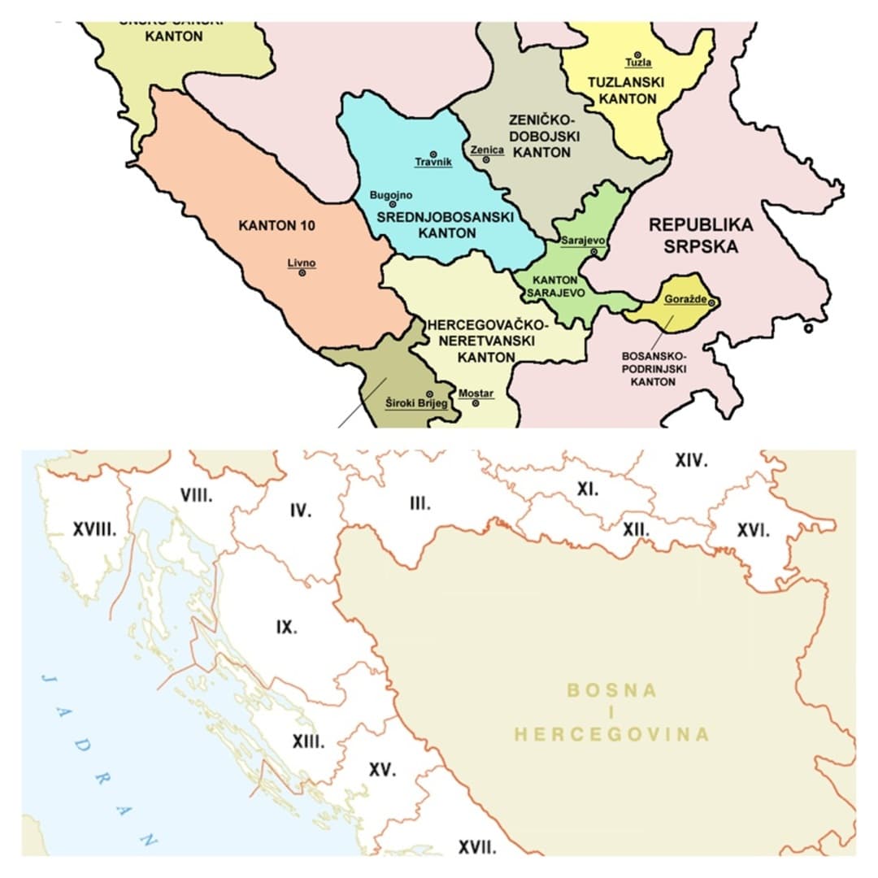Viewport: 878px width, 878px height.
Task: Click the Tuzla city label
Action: [x=638, y=63]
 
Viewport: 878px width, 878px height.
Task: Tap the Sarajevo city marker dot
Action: [x=594, y=252]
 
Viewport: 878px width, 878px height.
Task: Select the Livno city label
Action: [x=301, y=263]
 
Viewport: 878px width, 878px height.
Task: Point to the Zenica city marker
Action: [x=486, y=160]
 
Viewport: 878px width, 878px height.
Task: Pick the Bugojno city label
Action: [x=391, y=195]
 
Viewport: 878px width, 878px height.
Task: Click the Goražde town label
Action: [x=685, y=300]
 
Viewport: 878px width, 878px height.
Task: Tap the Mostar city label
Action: [x=476, y=393]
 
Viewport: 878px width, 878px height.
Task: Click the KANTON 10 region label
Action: [x=276, y=225]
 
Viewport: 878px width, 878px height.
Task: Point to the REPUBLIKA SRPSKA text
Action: [x=701, y=236]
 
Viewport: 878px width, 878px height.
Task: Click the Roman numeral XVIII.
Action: [x=94, y=530]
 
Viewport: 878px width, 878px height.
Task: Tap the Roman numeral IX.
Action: [x=286, y=628]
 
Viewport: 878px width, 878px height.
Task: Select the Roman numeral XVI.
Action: [x=753, y=530]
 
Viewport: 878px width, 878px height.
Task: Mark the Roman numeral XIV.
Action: [x=691, y=461]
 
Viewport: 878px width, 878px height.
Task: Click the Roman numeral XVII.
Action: [x=477, y=847]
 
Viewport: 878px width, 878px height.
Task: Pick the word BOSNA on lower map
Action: [x=611, y=690]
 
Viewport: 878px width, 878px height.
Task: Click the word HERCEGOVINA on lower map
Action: [x=611, y=734]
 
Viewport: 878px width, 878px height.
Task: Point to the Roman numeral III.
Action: [x=419, y=504]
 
